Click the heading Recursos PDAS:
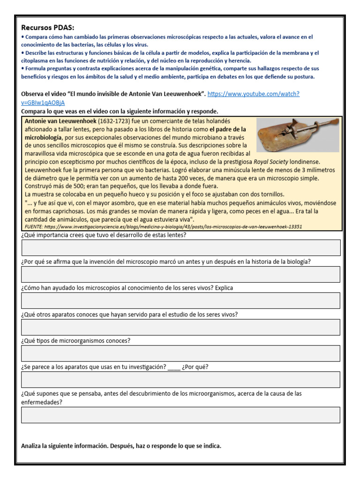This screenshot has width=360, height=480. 48,27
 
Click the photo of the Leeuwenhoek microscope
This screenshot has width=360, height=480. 298,135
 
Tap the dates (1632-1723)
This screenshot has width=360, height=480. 112,120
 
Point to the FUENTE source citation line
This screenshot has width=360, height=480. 162,226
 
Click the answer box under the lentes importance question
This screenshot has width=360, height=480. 180,247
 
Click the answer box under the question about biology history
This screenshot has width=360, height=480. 180,274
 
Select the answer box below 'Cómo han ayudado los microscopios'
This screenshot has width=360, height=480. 180,300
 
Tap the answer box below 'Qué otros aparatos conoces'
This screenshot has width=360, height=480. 180,327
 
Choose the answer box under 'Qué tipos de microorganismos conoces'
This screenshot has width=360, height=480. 180,353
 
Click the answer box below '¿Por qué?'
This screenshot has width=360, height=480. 180,380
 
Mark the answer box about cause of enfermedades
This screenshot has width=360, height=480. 180,415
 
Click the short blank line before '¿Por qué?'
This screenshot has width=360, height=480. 173,367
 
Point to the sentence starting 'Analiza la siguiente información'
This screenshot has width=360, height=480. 121,446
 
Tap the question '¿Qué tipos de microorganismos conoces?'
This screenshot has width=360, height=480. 76,340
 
